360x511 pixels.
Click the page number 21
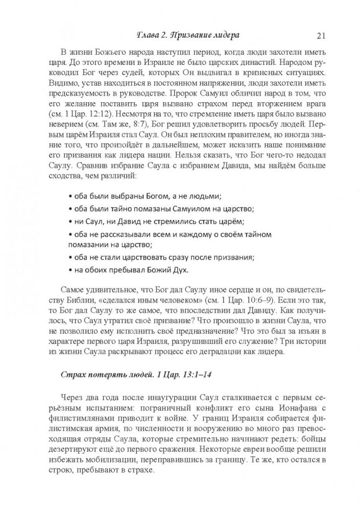(321, 36)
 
